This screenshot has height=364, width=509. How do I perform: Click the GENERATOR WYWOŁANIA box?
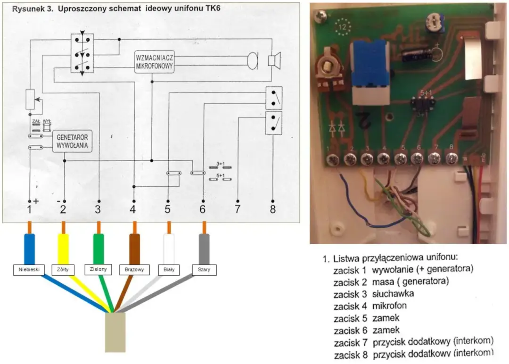pos(72,140)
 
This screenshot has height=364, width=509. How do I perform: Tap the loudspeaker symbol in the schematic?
pos(274,60)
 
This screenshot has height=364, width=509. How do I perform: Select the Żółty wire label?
pos(63,270)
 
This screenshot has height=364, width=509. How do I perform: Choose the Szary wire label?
pos(204,270)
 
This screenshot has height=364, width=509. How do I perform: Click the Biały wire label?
pos(169,270)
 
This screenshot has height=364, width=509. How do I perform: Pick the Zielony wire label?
pos(99,269)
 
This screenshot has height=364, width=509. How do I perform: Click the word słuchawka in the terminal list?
pos(393,293)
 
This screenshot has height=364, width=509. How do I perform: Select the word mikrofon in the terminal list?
pos(389,306)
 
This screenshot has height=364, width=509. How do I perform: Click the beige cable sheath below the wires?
pos(115,332)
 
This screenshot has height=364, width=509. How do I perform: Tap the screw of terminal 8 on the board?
pos(451,158)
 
